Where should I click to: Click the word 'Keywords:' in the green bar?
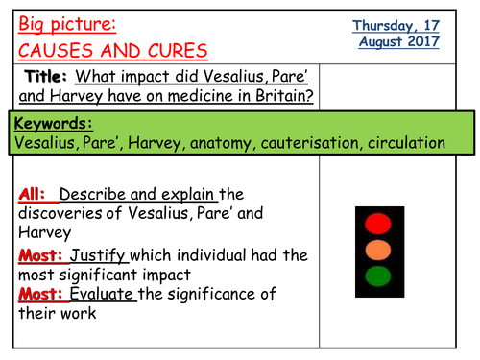point(54,124)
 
